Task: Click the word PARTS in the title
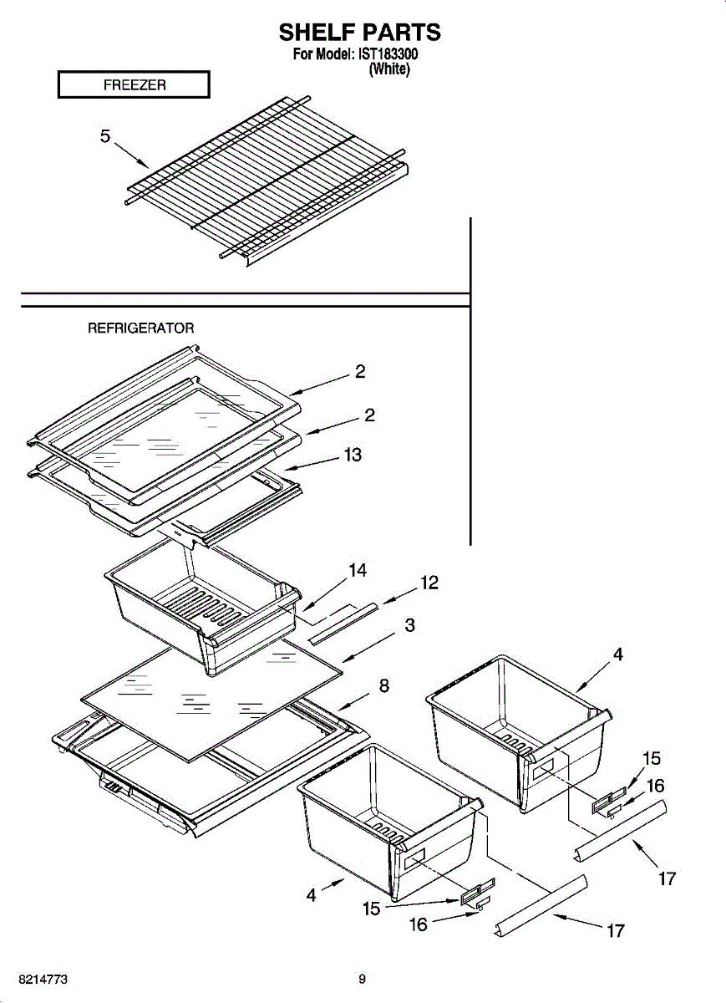point(398,33)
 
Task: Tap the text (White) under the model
point(389,69)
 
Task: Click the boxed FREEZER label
point(134,85)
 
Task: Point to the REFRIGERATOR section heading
point(141,328)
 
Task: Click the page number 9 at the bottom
point(362,979)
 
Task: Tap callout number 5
point(105,136)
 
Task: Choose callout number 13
point(353,455)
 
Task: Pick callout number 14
point(358,570)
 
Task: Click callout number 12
point(429,583)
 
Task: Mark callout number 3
point(409,624)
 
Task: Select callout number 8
point(383,686)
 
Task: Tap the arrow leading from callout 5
point(131,155)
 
